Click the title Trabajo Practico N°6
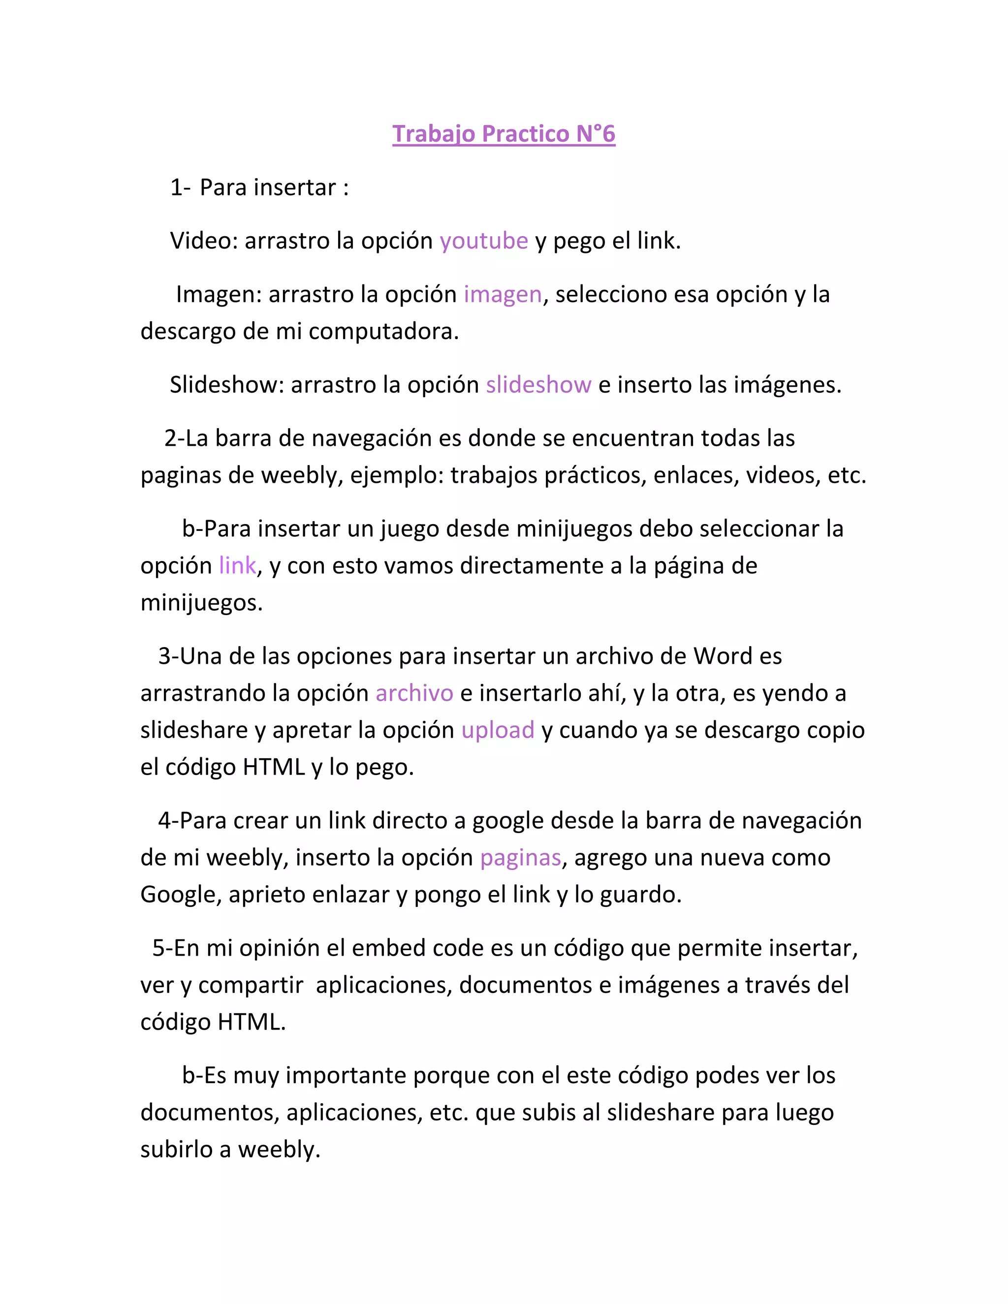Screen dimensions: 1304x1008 tap(504, 134)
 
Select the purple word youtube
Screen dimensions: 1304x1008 tap(484, 241)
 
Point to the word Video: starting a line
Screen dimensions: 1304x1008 tap(204, 241)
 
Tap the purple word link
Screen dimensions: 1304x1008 tap(237, 565)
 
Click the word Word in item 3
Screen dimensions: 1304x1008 tap(723, 656)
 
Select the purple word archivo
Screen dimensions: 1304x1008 tap(414, 693)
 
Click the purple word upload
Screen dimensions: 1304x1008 tap(498, 730)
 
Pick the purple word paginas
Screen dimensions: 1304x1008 tap(520, 857)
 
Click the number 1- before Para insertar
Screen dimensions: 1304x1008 tap(180, 187)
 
